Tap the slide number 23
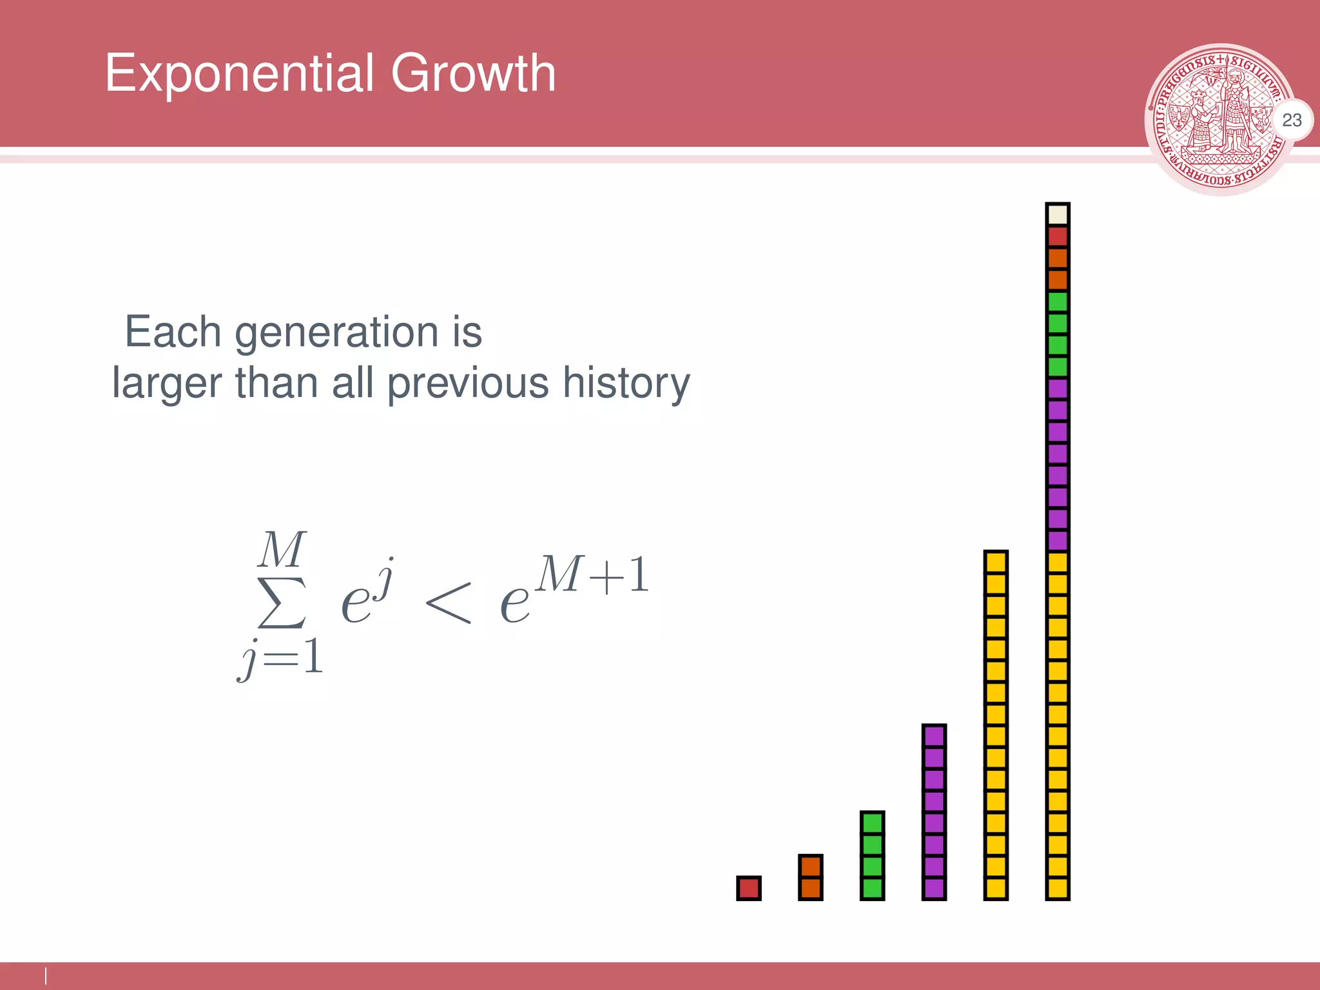[x=1292, y=120]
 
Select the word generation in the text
[x=336, y=333]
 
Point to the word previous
[x=468, y=384]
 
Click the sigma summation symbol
[x=282, y=603]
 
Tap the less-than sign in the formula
[x=449, y=602]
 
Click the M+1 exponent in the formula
[x=592, y=574]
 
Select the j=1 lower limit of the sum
[x=281, y=658]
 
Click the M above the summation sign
[x=282, y=550]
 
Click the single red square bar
[x=748, y=888]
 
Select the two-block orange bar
[x=810, y=877]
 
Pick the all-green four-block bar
[x=872, y=855]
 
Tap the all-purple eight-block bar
[x=934, y=812]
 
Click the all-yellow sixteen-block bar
[x=996, y=725]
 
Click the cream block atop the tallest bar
[x=1058, y=215]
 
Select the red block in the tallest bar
[x=1058, y=237]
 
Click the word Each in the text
[x=173, y=333]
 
